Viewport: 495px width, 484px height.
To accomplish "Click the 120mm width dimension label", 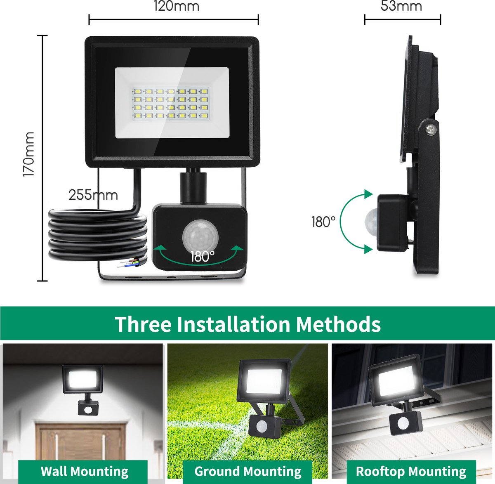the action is pyautogui.click(x=176, y=6).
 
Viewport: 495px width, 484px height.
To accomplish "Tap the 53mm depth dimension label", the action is pyautogui.click(x=401, y=6).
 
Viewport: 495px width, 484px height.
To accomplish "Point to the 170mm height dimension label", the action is pyautogui.click(x=28, y=154).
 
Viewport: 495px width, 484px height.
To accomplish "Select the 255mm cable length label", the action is pyautogui.click(x=93, y=196).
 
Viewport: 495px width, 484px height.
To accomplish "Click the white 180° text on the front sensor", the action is pyautogui.click(x=203, y=256).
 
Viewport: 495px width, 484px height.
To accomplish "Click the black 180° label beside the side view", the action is pyautogui.click(x=323, y=222).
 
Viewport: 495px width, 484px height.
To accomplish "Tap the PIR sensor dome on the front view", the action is pyautogui.click(x=200, y=235).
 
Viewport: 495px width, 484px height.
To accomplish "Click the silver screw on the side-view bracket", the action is pyautogui.click(x=431, y=130).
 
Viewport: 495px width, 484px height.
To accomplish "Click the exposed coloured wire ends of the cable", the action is pyautogui.click(x=128, y=263).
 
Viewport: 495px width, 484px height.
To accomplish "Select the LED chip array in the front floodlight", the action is pyautogui.click(x=170, y=103).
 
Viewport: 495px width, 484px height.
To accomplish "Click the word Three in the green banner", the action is pyautogui.click(x=143, y=324).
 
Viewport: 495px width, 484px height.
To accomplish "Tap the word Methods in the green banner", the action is pyautogui.click(x=338, y=324).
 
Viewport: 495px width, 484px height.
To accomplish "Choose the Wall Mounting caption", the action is pyautogui.click(x=85, y=464).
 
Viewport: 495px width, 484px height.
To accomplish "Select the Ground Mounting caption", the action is pyautogui.click(x=248, y=464).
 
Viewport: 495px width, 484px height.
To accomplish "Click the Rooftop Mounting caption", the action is pyautogui.click(x=411, y=464).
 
